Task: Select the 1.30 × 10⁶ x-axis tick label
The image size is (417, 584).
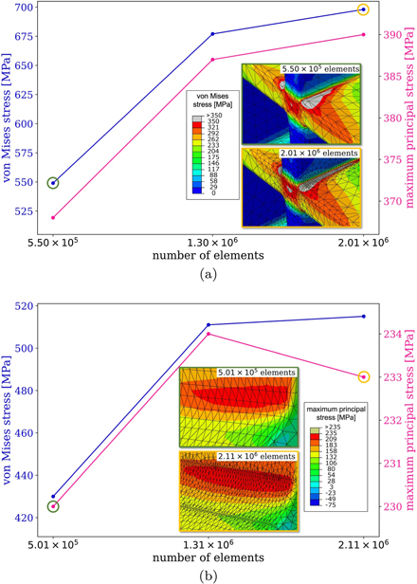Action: click(x=213, y=241)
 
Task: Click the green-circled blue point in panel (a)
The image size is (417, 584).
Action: click(x=53, y=183)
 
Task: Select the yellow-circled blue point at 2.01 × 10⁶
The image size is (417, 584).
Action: click(x=364, y=9)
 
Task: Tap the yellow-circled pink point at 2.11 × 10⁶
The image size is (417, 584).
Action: click(x=364, y=377)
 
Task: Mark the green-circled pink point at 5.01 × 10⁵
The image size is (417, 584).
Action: click(x=53, y=506)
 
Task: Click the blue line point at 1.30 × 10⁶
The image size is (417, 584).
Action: click(x=212, y=34)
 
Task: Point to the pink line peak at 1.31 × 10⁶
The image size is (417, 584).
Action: click(x=209, y=334)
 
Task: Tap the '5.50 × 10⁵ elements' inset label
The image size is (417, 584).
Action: click(x=319, y=70)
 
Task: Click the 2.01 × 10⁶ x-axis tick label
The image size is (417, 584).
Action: click(x=364, y=241)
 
